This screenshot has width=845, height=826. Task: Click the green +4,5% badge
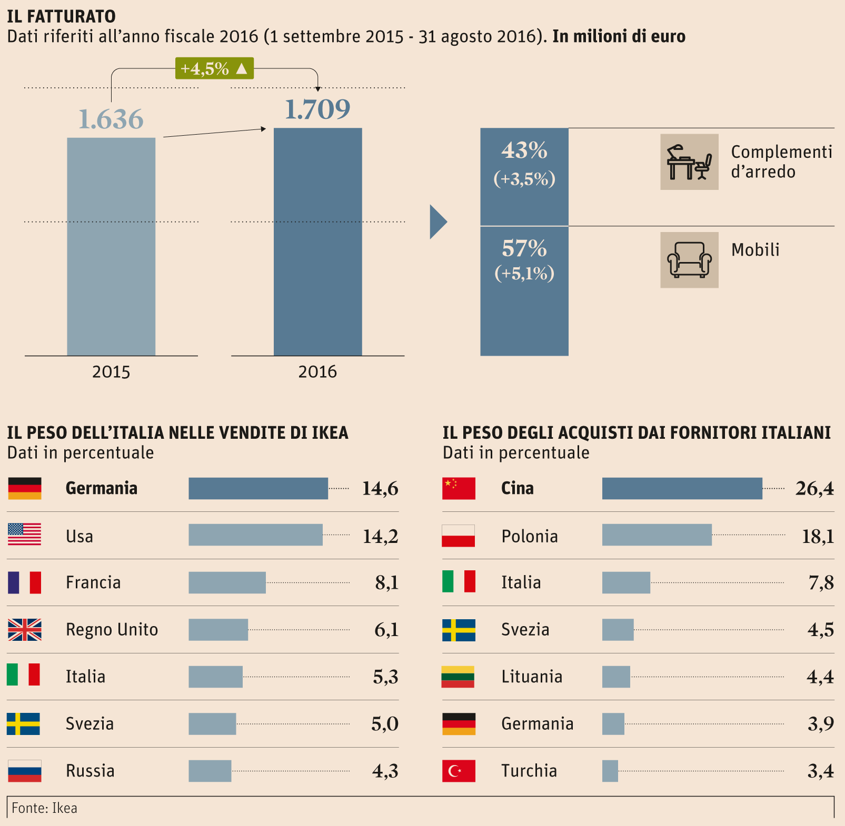[x=214, y=68]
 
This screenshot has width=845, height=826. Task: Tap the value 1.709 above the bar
[x=317, y=109]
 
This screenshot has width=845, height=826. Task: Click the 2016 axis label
[x=317, y=372]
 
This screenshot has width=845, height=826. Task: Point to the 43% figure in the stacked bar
[x=524, y=150]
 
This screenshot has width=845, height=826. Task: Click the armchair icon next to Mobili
[x=689, y=260]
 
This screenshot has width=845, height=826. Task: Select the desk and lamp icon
[x=689, y=162]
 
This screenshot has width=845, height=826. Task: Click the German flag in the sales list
[x=25, y=488]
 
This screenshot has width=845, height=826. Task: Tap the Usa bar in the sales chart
[x=255, y=535]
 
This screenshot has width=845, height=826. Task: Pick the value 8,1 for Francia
[x=386, y=583]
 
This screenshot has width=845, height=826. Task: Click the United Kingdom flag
[x=25, y=630]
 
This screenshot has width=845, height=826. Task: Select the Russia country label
[x=90, y=771]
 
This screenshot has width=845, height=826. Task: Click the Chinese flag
[x=459, y=488]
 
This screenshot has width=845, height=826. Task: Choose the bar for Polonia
[x=657, y=535]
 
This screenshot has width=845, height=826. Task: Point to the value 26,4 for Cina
[x=814, y=489]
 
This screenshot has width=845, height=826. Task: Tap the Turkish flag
[x=459, y=771]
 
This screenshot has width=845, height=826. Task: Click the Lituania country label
[x=532, y=677]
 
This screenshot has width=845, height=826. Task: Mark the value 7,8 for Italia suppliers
[x=821, y=583]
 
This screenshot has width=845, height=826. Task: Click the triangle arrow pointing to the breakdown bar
[x=438, y=222]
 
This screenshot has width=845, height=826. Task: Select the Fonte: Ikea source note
[x=45, y=808]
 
